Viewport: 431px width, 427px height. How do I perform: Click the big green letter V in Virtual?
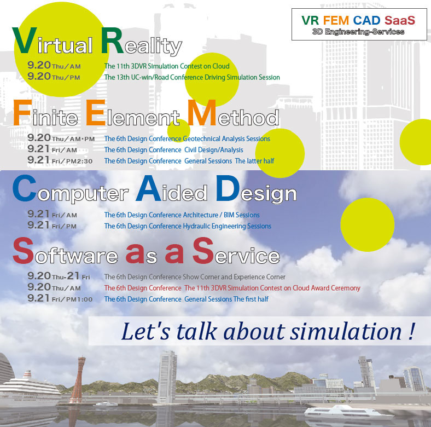(x=25, y=41)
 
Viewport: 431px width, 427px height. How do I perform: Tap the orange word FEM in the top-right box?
(x=336, y=20)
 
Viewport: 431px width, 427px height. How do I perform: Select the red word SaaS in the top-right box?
(x=400, y=20)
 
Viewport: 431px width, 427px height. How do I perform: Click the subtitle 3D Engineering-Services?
(x=358, y=32)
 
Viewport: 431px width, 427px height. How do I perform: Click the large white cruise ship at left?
(x=30, y=388)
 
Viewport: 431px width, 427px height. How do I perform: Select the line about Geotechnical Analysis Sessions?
(x=187, y=139)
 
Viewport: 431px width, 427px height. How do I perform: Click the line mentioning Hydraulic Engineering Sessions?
(x=188, y=226)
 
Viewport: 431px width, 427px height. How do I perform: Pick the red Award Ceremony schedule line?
(x=232, y=288)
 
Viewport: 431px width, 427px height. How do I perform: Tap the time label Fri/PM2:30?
(x=72, y=161)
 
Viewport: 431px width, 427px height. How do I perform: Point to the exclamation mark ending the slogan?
(x=411, y=331)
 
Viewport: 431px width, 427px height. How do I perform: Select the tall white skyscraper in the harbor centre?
(x=167, y=377)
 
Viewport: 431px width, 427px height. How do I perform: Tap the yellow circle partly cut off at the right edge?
(x=416, y=142)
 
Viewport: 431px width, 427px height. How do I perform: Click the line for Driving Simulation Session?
(x=192, y=77)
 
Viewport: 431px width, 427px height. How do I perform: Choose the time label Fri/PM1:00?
(x=72, y=299)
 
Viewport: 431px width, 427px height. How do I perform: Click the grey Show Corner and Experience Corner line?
(x=195, y=277)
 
